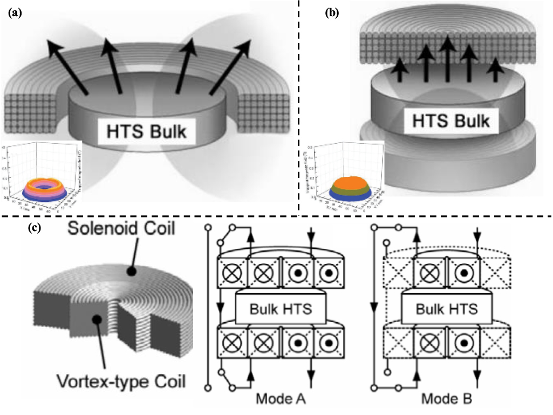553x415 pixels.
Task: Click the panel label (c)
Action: [34, 228]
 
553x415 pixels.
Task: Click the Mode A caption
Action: [281, 400]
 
